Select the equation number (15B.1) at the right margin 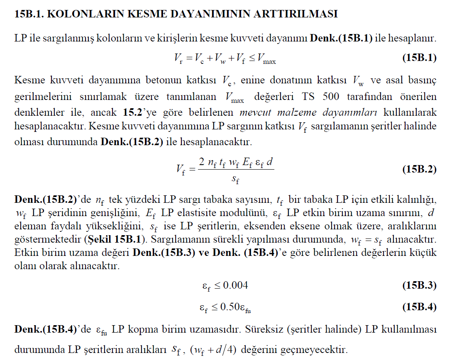[x=419, y=58]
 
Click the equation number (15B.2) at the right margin [x=419, y=169]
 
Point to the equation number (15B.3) [x=419, y=285]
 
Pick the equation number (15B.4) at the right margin [x=419, y=307]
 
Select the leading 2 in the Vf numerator [x=201, y=162]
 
